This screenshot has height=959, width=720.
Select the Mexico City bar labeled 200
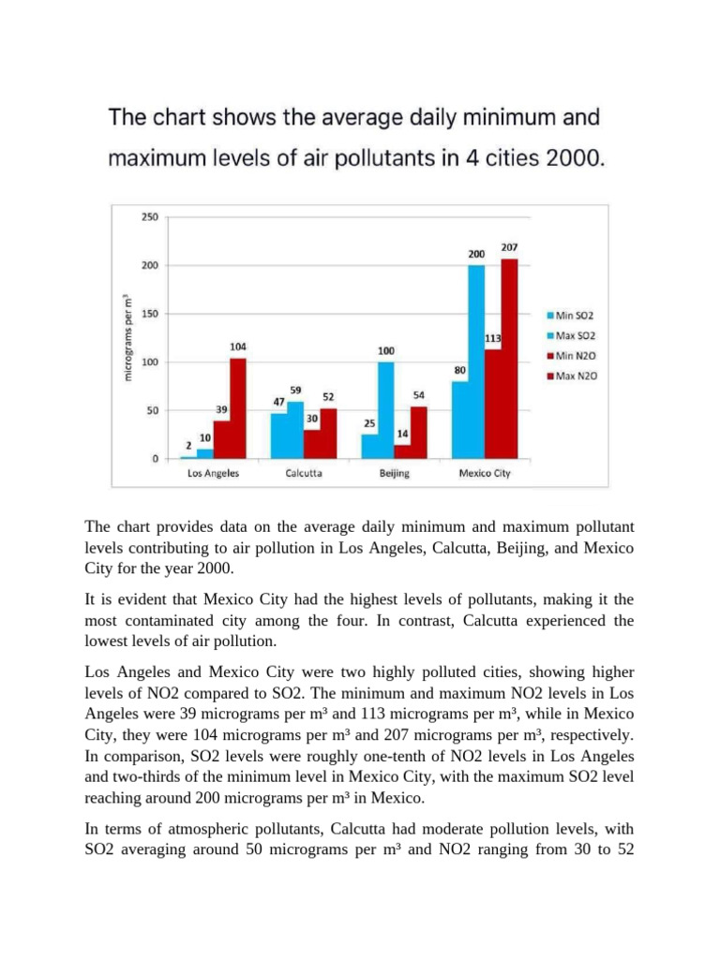coord(476,361)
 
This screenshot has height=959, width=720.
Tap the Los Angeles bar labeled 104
coord(237,408)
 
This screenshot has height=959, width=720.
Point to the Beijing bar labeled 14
coord(401,451)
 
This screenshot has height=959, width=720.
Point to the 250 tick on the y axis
coord(150,217)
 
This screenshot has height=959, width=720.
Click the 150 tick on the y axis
coord(150,314)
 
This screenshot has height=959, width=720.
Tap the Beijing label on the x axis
coord(394,474)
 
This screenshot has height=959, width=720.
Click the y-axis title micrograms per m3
coord(128,338)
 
